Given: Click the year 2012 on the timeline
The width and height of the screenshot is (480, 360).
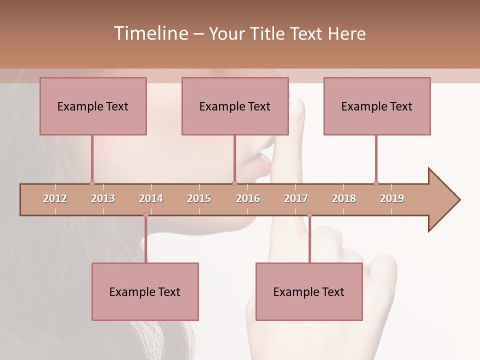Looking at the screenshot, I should (x=55, y=198).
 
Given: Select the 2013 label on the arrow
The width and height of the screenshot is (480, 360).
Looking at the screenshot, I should (x=103, y=198).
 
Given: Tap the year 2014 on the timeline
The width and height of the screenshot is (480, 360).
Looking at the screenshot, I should (x=151, y=198).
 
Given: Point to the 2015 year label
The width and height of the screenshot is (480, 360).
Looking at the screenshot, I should (x=199, y=198).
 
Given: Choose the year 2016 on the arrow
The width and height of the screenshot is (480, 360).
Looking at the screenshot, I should (x=248, y=198).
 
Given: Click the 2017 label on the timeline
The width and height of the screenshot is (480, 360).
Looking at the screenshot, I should (x=296, y=198).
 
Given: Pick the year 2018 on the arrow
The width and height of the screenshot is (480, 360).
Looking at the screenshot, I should (x=344, y=198).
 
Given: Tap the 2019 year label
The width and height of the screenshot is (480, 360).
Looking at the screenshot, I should (x=392, y=198).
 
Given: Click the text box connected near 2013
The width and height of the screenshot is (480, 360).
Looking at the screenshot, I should (x=93, y=106).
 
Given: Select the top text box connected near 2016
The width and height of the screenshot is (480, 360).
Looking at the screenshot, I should (x=235, y=106).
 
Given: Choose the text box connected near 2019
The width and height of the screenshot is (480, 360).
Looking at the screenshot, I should (x=377, y=106).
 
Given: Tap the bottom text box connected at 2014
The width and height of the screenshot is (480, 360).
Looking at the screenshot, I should (x=145, y=291).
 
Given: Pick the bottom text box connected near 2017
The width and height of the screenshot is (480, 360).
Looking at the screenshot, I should (x=309, y=291).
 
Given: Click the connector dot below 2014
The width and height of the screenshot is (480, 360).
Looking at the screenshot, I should (x=145, y=215).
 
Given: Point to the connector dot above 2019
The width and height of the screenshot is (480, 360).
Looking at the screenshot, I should (x=376, y=183).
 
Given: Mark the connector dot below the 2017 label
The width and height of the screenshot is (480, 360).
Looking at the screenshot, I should (x=309, y=215).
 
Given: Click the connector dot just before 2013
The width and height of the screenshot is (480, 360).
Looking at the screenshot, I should (x=92, y=183).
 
